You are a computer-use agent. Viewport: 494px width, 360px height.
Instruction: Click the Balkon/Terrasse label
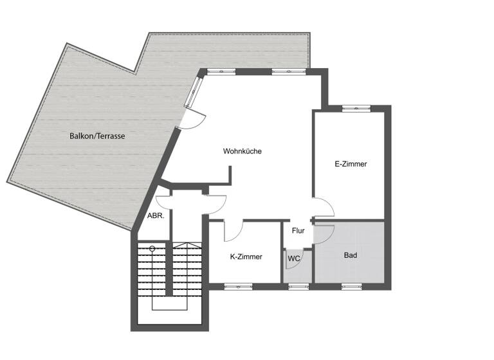coord(97,136)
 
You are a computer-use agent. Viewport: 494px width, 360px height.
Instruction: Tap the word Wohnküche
coord(242,152)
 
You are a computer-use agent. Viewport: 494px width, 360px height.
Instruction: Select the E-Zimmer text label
coord(351,164)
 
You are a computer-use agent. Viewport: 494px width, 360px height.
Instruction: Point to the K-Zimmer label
coord(246,256)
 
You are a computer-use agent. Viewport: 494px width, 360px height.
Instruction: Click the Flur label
coord(298,230)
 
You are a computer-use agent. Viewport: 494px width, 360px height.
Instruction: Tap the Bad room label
coord(350,255)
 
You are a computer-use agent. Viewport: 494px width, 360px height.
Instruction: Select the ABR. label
coord(156,216)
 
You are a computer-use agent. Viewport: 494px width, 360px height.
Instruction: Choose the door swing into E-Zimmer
coord(324,208)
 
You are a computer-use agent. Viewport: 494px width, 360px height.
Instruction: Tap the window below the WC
coord(297,286)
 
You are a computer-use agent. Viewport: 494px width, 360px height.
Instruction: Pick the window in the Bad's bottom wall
coord(351,286)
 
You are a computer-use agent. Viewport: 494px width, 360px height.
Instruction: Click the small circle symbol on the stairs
coord(152,248)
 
